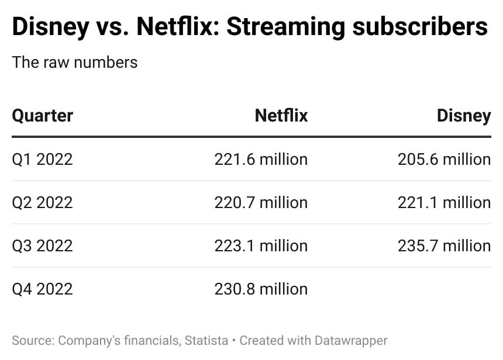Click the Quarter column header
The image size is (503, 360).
pos(42,116)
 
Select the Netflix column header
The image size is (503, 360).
pos(281,116)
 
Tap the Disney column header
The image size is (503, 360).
pos(463,116)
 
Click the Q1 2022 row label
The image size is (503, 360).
pos(42,159)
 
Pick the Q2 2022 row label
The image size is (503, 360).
pos(42,202)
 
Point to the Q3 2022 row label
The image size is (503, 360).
pos(42,245)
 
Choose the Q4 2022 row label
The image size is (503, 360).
pos(42,289)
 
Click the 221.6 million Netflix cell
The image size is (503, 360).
pos(261,159)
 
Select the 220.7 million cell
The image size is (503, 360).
pos(261,202)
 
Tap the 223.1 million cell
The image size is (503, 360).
pos(261,245)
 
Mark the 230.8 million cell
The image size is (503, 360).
pos(261,289)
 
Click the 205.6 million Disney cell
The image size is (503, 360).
pos(444,159)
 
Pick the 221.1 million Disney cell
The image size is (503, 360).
pos(444,202)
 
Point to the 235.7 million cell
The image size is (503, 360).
pos(444,245)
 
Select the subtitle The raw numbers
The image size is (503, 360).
pos(75,63)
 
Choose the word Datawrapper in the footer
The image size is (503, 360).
pos(351,340)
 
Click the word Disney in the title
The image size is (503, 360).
pos(49,27)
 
